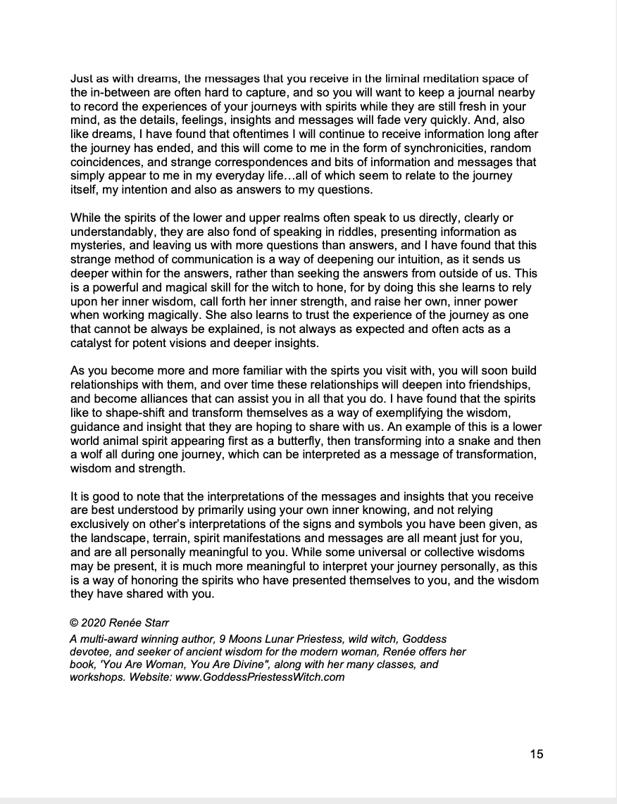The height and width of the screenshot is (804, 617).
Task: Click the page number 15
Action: coord(536,754)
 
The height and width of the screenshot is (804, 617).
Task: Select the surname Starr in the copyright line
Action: coord(155,622)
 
